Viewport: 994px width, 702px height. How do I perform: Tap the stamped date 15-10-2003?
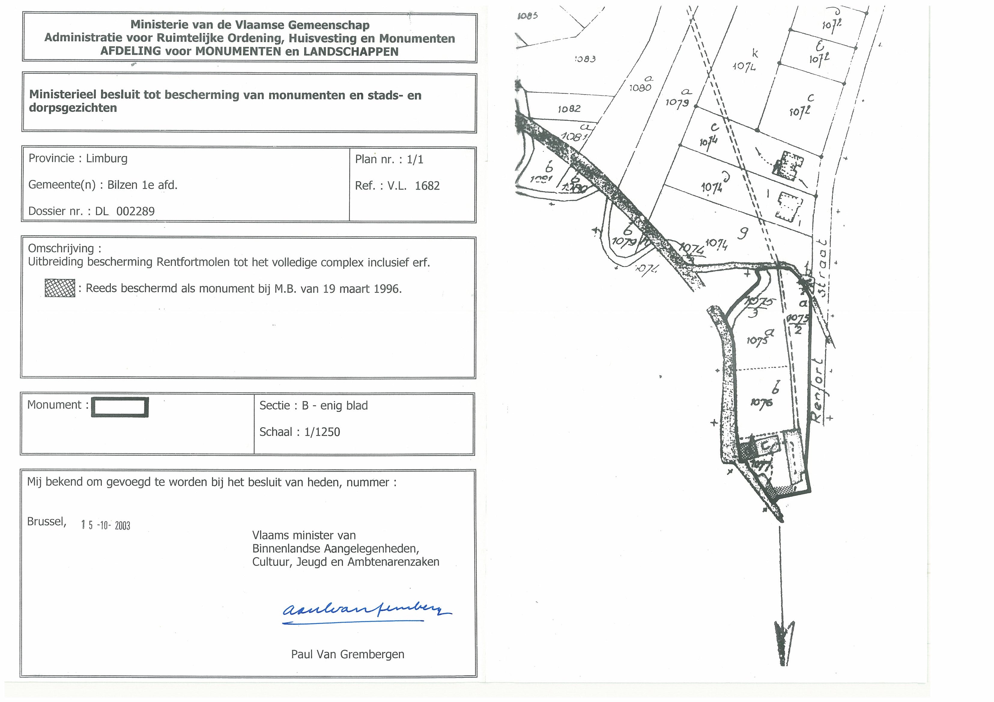click(x=106, y=525)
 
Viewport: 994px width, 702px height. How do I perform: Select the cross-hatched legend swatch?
click(x=60, y=288)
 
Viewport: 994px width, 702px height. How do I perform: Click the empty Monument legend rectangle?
click(x=120, y=407)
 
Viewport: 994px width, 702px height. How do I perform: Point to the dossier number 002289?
click(x=135, y=211)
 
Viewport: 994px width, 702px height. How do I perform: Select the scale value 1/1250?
click(x=322, y=432)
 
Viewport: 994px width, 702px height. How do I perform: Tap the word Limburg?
click(x=107, y=158)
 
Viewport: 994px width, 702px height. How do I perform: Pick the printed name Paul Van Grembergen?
click(x=348, y=654)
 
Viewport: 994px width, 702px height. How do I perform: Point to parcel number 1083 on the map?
click(x=585, y=59)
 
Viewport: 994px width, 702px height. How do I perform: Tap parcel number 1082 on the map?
click(x=569, y=109)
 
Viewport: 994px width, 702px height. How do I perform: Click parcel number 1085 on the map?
click(x=528, y=16)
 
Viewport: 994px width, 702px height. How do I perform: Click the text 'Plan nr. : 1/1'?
click(x=389, y=160)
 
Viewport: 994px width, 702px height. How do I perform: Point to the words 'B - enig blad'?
click(x=335, y=406)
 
